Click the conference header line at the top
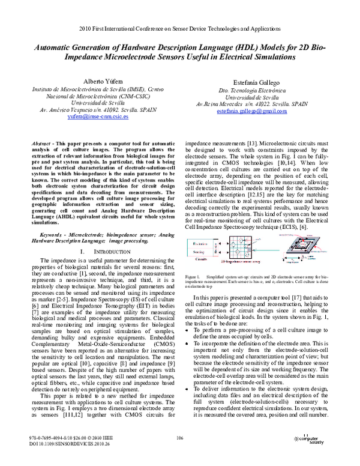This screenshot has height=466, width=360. click(179, 28)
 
